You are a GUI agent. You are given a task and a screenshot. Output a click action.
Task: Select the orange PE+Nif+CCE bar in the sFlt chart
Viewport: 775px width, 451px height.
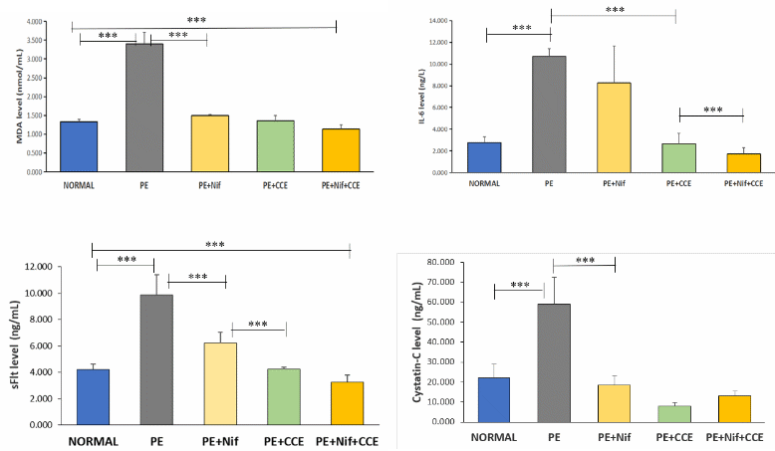click(348, 403)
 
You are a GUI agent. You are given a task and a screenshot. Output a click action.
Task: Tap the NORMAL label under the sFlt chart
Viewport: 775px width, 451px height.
click(93, 440)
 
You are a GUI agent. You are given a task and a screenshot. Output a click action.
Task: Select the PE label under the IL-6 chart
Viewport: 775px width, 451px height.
click(549, 183)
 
